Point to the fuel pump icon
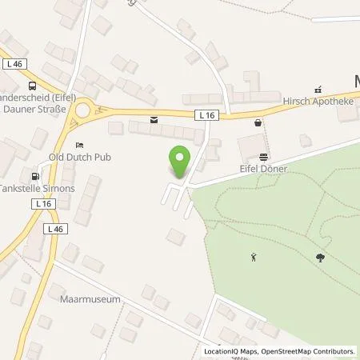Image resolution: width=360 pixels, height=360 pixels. (x=34, y=176)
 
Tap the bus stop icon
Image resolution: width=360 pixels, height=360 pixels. (x=32, y=86)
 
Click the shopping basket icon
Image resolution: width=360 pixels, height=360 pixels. (x=257, y=122)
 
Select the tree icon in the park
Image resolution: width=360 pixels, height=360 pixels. (x=321, y=257)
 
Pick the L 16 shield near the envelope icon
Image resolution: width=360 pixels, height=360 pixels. (x=205, y=115)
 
